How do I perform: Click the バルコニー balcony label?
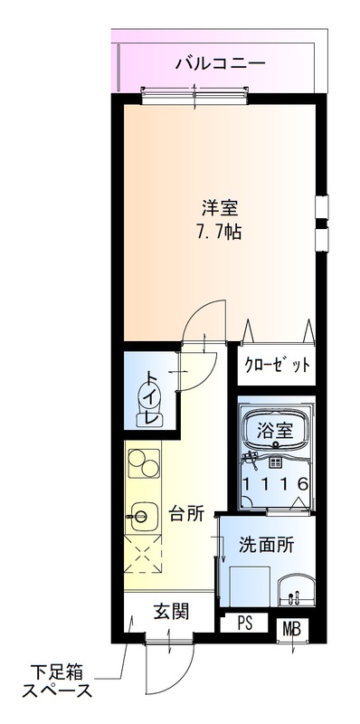click(x=220, y=63)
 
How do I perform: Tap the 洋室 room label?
click(x=220, y=205)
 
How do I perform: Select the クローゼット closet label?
click(x=278, y=366)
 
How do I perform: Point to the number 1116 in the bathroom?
click(x=277, y=483)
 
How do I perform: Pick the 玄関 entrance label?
click(x=170, y=613)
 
